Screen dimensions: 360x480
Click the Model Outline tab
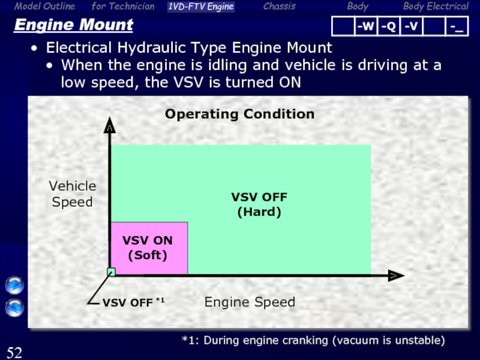45,7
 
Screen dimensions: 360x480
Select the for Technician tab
123,7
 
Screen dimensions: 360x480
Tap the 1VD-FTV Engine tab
201,7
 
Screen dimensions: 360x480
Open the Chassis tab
279,7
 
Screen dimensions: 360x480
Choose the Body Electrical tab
436,7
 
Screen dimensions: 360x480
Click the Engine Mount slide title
73,26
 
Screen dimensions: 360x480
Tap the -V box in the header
411,26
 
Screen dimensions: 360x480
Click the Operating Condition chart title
239,114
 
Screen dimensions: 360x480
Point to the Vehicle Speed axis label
72,194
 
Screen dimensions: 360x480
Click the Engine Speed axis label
250,302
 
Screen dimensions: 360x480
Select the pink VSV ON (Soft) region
149,248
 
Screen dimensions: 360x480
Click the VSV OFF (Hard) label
259,204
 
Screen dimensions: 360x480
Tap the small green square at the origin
111,272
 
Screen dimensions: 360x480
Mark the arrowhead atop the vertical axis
110,128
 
